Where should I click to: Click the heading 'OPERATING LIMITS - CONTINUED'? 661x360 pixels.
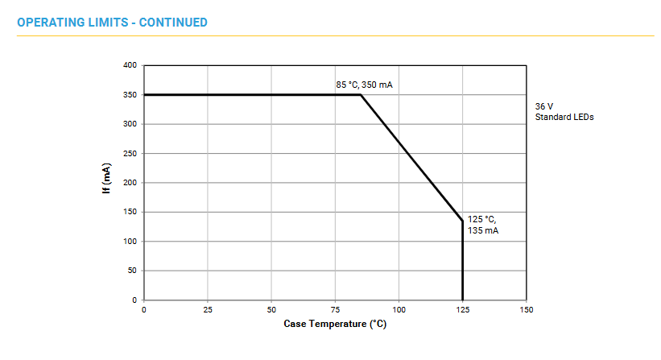coord(112,22)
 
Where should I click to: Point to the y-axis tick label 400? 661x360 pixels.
coord(130,65)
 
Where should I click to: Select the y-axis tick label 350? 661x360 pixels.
coord(130,95)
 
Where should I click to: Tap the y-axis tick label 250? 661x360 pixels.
coord(130,153)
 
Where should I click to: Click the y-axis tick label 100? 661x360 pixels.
coord(130,242)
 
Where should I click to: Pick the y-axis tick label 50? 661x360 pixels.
coord(132,271)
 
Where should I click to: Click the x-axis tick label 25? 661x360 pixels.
coord(208,309)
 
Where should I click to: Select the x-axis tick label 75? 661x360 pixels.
coord(335,309)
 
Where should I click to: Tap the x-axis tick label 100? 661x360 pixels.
coord(399,309)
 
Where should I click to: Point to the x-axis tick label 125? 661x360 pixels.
coord(462,309)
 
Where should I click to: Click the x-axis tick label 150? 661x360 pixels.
coord(526,309)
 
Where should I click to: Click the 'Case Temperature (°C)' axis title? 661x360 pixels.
coord(335,324)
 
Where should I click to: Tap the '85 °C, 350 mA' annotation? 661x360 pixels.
coord(364,85)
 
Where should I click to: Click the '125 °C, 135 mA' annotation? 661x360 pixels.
coord(483,225)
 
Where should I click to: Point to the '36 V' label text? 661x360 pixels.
coord(545,106)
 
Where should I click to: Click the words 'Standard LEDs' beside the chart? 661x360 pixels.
coord(564,118)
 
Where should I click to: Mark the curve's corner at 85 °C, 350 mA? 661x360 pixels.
coord(361,95)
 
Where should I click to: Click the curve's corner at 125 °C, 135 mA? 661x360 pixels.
coord(463,221)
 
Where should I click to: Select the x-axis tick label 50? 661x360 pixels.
coord(271,309)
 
